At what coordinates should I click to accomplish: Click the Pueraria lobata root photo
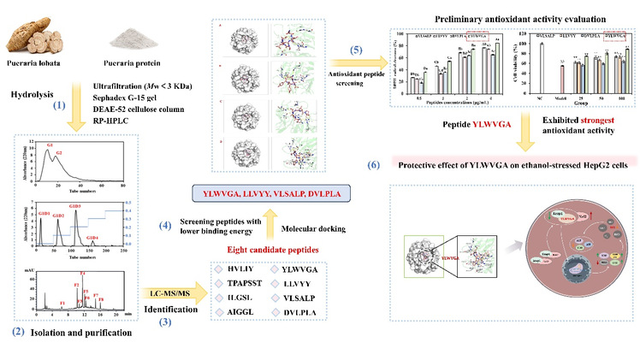(35, 37)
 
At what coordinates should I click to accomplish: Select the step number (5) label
(358, 73)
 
